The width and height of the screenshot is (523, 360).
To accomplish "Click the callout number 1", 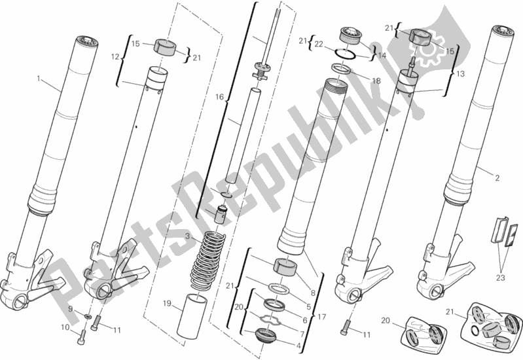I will [39, 79].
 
